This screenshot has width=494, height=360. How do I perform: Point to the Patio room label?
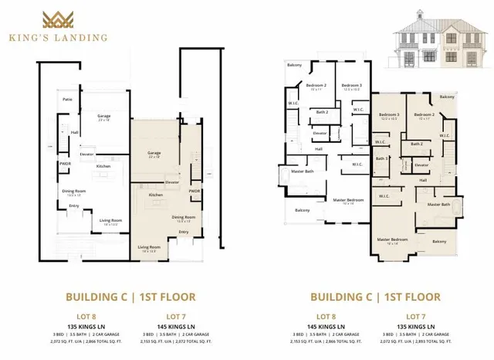(x=67, y=98)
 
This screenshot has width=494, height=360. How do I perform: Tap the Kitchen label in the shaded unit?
(x=155, y=195)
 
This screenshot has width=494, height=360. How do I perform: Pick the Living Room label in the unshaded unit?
(x=111, y=221)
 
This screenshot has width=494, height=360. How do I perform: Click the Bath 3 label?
(x=381, y=158)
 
